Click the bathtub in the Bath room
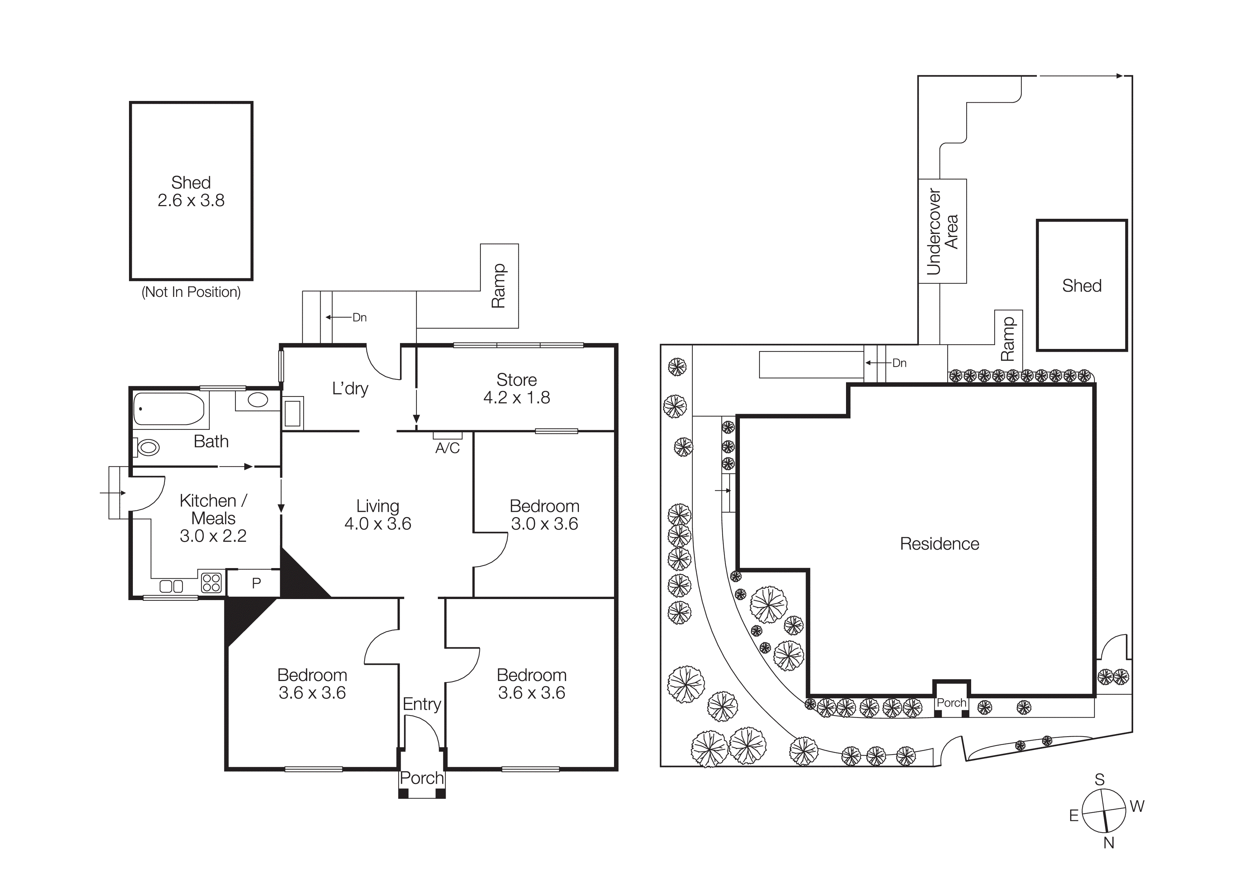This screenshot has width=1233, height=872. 169,409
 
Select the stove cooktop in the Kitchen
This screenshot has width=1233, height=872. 212,583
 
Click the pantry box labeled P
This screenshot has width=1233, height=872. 256,583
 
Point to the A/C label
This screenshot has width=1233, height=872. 447,448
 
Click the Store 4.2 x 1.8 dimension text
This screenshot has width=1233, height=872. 517,397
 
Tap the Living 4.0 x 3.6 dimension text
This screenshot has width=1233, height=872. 377,524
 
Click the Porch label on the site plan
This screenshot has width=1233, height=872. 951,703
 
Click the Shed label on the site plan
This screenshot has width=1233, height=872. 1082,286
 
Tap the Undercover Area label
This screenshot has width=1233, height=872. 942,231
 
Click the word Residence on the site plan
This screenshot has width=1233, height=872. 939,544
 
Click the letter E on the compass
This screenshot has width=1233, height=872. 1073,816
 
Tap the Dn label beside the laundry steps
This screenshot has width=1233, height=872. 359,318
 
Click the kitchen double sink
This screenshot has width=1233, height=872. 171,586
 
